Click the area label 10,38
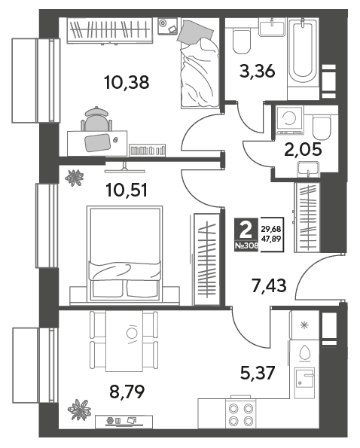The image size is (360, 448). [127, 82]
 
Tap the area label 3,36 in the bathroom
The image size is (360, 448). [257, 71]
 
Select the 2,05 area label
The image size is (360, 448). [304, 149]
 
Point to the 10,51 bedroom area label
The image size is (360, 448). [127, 190]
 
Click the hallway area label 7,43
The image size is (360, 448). [269, 285]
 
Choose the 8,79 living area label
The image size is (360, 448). [127, 392]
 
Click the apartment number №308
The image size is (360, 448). [246, 245]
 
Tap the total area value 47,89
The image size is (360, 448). [271, 239]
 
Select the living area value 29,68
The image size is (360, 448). [271, 229]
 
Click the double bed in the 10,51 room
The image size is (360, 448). [124, 253]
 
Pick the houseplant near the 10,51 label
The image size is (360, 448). [75, 178]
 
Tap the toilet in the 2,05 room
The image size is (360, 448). [322, 126]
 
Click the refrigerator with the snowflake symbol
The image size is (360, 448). [305, 325]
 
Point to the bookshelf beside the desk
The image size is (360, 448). [148, 150]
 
